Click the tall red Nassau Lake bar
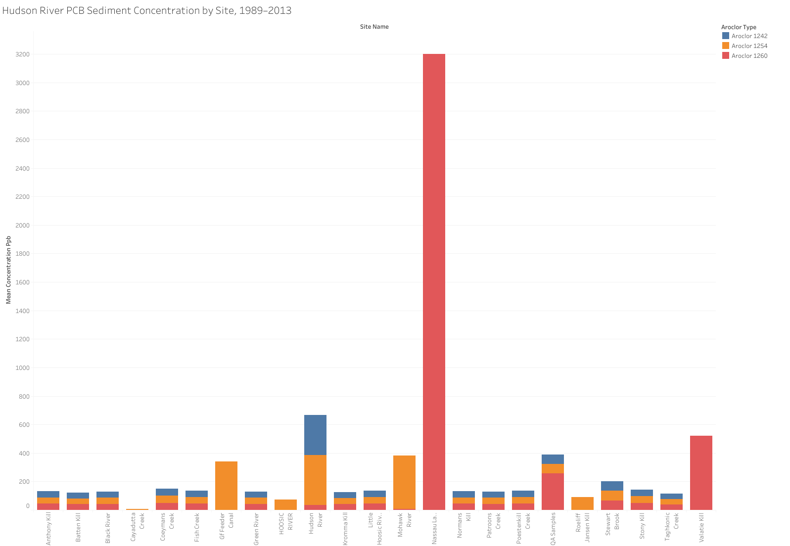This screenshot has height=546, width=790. pos(434,281)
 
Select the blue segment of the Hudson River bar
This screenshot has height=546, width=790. pos(315,435)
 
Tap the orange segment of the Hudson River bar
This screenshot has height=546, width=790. pos(315,480)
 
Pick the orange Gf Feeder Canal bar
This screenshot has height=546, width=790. pos(226,485)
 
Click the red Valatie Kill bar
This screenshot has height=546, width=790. pos(701,472)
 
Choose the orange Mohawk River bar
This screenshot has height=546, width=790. pos(404,482)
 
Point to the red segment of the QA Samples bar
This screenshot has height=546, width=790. pos(553,491)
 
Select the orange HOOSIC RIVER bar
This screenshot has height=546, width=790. pos(285,504)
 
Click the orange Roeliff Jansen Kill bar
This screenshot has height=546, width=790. pos(582,503)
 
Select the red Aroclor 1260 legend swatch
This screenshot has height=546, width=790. pos(726,56)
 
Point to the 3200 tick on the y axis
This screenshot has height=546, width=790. pos(23,54)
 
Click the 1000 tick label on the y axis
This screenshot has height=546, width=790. pos(23,368)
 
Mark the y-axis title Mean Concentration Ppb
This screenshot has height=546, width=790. pos(8,270)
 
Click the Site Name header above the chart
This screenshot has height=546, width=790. pos(374,27)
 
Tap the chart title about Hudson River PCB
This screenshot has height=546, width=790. pos(147,10)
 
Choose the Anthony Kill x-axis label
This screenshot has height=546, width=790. pos(48,528)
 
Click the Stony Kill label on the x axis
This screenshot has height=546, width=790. pos(642,526)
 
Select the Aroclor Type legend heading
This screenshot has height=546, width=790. pos(739,27)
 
